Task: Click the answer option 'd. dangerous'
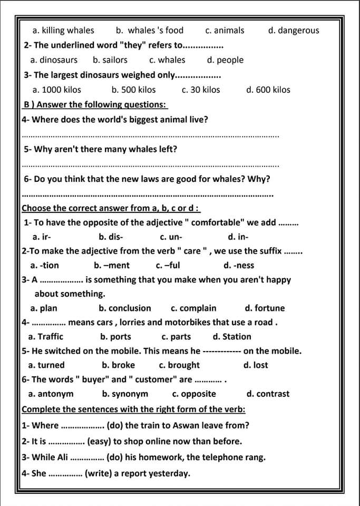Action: [294, 31]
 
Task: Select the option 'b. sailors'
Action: [110, 60]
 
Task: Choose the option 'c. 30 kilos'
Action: [201, 90]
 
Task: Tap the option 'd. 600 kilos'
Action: [268, 90]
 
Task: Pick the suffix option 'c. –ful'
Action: [168, 266]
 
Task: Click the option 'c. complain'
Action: [193, 308]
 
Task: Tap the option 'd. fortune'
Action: [265, 308]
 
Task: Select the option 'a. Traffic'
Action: [46, 337]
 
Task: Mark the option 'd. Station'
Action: [232, 337]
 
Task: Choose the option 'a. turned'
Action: [46, 365]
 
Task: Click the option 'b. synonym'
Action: [125, 394]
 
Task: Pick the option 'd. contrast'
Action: [268, 394]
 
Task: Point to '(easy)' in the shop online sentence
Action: [100, 442]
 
